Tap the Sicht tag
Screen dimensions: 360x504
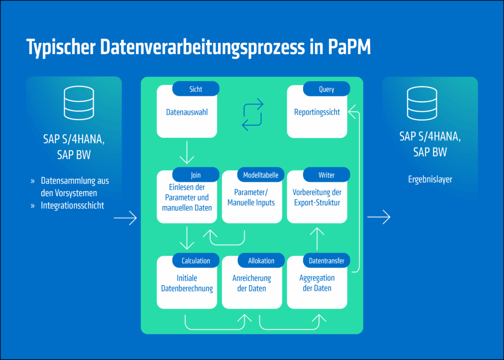195,89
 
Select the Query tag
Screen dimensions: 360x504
326,89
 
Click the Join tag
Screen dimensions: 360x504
195,175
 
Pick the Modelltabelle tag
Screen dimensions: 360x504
260,175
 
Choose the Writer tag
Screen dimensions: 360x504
326,175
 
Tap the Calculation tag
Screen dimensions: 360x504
195,261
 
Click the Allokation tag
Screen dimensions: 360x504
260,261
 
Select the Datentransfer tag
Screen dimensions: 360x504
326,261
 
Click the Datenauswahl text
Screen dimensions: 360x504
187,112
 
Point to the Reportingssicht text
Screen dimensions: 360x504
317,112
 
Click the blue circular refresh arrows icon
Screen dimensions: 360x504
252,114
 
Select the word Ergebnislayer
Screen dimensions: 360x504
430,180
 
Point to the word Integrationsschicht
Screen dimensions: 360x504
72,206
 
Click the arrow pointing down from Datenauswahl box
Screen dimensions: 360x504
187,152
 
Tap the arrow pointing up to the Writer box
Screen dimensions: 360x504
317,239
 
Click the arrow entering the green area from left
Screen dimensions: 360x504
125,217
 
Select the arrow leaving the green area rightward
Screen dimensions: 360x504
379,216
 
